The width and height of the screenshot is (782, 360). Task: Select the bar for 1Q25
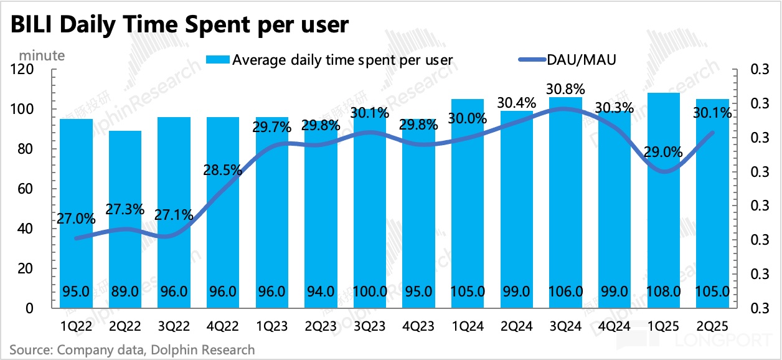click(664, 199)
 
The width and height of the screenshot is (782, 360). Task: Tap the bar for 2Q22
click(125, 218)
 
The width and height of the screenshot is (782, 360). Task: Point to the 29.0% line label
click(664, 152)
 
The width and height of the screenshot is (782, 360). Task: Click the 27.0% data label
click(76, 219)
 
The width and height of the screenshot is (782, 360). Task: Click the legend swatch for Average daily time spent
click(217, 60)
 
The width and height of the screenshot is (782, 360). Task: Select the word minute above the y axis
click(42, 55)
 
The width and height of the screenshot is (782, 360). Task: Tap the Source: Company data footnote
click(133, 349)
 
